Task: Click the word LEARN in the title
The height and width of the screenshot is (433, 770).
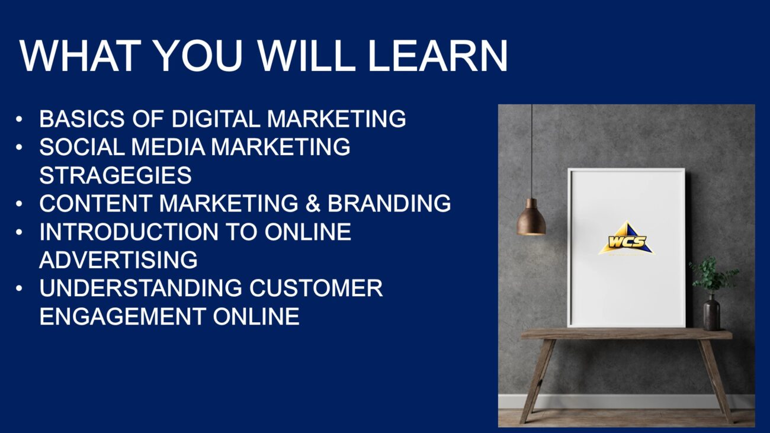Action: click(x=438, y=56)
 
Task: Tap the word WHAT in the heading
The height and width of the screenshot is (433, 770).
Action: click(x=81, y=56)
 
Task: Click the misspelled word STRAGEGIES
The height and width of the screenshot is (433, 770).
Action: click(x=115, y=175)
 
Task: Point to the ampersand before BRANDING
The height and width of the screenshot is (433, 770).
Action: click(x=313, y=203)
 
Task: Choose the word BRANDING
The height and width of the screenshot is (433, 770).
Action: click(x=389, y=203)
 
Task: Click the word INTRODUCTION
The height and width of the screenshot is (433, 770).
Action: click(x=129, y=232)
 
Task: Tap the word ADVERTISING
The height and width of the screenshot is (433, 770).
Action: click(x=118, y=260)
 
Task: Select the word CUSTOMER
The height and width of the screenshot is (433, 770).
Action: click(x=316, y=288)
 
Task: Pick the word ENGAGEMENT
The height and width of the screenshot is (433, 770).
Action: click(x=123, y=316)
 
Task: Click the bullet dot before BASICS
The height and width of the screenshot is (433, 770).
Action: click(x=19, y=119)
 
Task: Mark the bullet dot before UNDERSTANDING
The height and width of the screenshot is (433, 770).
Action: click(x=19, y=288)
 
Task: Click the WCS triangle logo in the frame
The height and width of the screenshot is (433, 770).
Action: click(x=627, y=239)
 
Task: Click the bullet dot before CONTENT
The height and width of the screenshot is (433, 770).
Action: click(x=19, y=204)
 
